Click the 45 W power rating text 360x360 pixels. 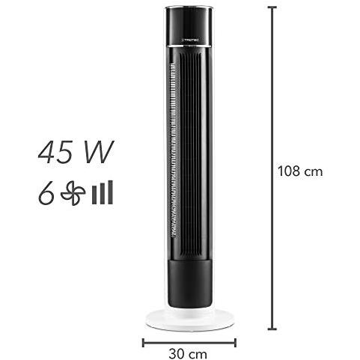(x=76, y=152)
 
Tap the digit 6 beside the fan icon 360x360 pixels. (x=46, y=193)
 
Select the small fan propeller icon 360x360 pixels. (x=73, y=193)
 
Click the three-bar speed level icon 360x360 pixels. (x=103, y=192)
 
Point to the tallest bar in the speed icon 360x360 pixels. (x=111, y=192)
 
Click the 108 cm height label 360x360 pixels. (x=300, y=171)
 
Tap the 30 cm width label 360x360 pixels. (x=188, y=354)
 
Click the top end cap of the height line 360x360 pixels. (x=272, y=7)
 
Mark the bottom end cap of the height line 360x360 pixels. (x=272, y=329)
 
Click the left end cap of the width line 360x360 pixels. (x=143, y=343)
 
